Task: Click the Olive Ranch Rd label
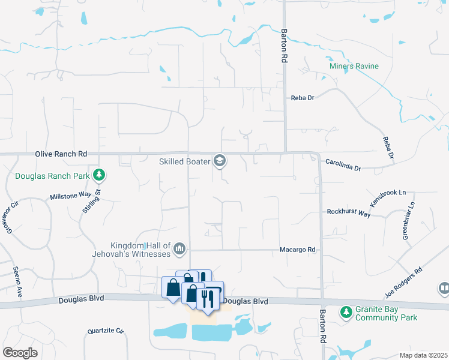(61, 154)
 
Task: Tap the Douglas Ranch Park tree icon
(99, 175)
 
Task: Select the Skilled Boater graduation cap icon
(220, 160)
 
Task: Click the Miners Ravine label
(354, 66)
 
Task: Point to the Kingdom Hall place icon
(179, 248)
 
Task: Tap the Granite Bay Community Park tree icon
(345, 311)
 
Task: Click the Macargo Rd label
(298, 250)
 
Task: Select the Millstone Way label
(70, 196)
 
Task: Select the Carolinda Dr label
(343, 165)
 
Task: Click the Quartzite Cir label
(105, 331)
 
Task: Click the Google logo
(20, 352)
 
